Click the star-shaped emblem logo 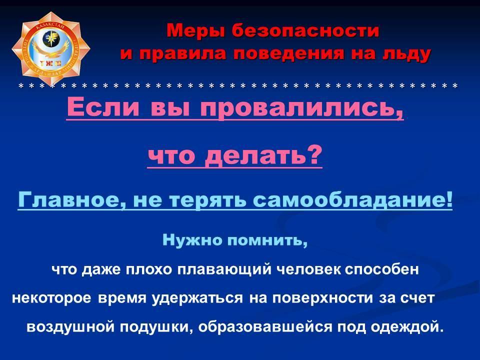pos(51,49)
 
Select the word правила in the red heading pos(183,53)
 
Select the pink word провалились pos(301,107)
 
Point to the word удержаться pos(197,298)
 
